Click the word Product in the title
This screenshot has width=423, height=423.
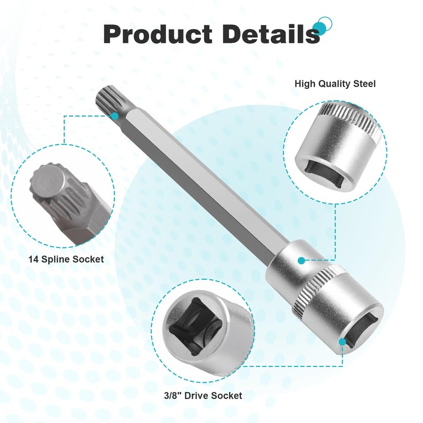coord(158,34)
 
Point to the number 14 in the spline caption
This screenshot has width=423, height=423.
coord(33,260)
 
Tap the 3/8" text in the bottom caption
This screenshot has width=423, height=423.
coord(173,396)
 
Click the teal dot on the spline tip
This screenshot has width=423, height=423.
coord(115,116)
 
